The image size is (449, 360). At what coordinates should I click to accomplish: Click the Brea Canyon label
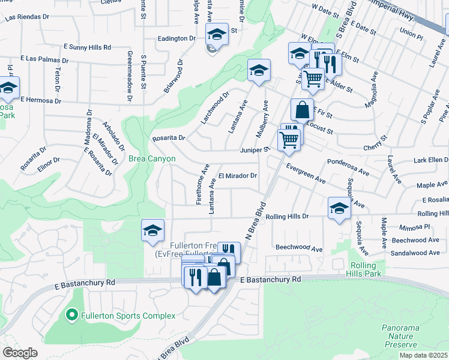click(152, 159)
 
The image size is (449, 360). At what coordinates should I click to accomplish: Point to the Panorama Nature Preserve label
click(399, 336)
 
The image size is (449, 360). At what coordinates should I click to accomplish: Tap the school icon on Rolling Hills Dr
click(339, 209)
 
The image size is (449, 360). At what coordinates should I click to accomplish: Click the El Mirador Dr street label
click(238, 176)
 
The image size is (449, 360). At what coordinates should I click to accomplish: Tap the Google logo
click(20, 353)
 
